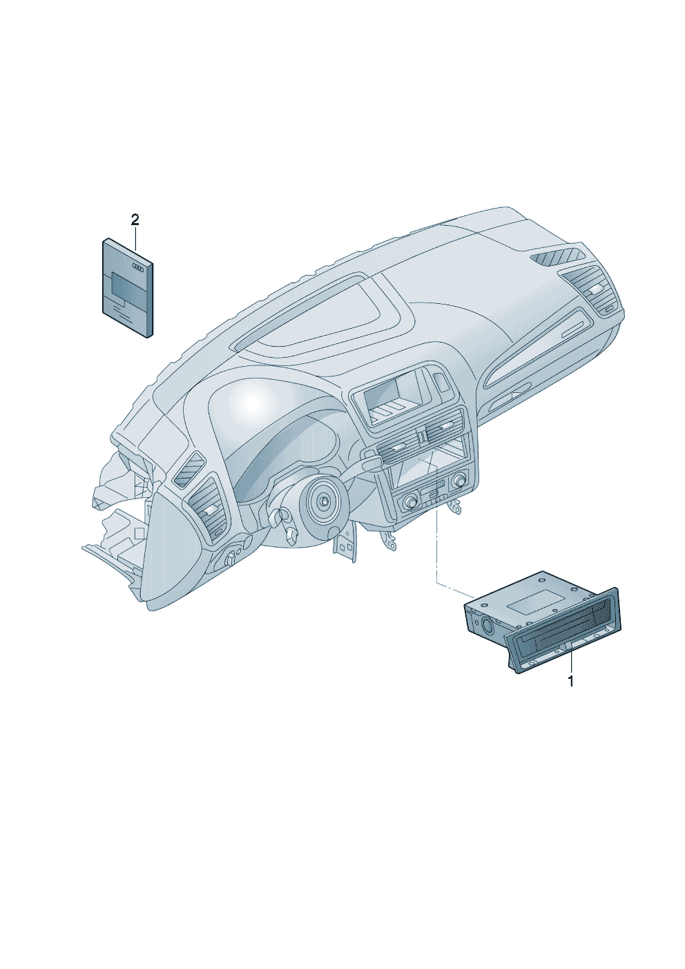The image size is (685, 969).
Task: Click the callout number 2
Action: click(135, 220)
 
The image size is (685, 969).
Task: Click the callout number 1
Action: click(570, 681)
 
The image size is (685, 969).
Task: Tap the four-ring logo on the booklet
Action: click(137, 267)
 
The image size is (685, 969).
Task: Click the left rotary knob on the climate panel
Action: click(409, 502)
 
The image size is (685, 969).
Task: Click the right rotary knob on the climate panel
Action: click(459, 480)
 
